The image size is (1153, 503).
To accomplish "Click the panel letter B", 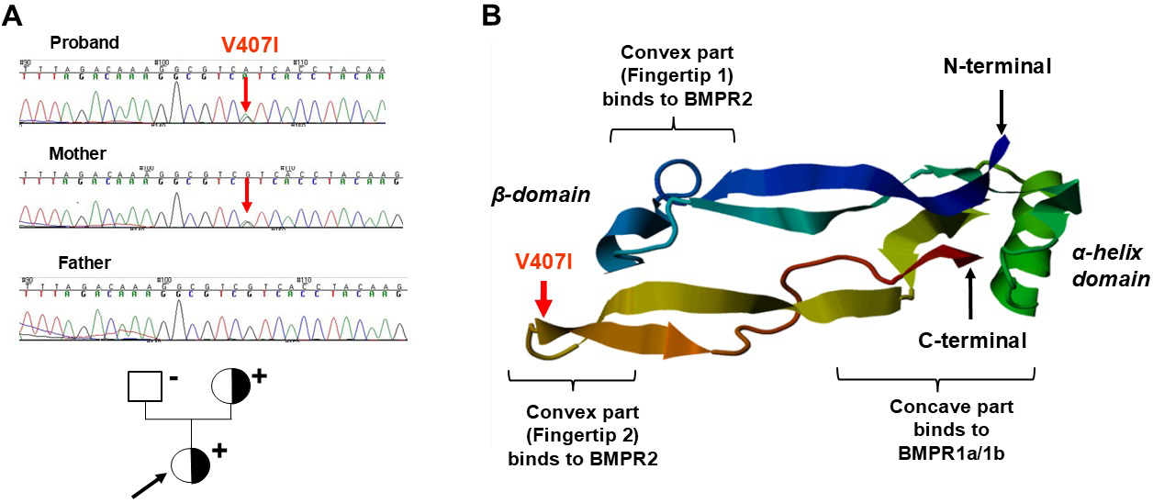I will click(492, 15).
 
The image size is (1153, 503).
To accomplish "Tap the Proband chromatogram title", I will click(84, 43).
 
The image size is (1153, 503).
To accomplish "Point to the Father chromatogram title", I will click(81, 263).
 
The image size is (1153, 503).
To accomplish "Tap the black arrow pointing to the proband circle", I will click(147, 485).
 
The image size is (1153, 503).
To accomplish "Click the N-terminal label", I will click(997, 66).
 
